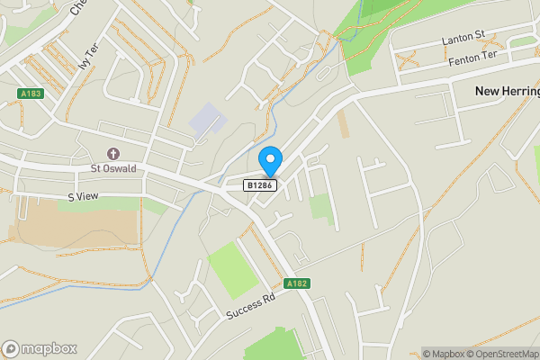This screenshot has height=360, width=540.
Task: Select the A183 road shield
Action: (x=31, y=94)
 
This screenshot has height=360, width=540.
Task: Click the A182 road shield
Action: (x=297, y=283)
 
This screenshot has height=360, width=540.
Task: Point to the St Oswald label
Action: (x=112, y=168)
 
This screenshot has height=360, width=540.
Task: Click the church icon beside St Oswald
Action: (x=112, y=154)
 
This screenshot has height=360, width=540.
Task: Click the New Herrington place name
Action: (x=507, y=92)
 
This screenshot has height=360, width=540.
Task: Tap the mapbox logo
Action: (x=40, y=348)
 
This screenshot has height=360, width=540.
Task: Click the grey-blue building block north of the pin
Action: (x=206, y=121)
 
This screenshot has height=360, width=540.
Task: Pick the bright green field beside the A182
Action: (x=232, y=268)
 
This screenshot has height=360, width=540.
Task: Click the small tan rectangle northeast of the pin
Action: (x=343, y=124)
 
